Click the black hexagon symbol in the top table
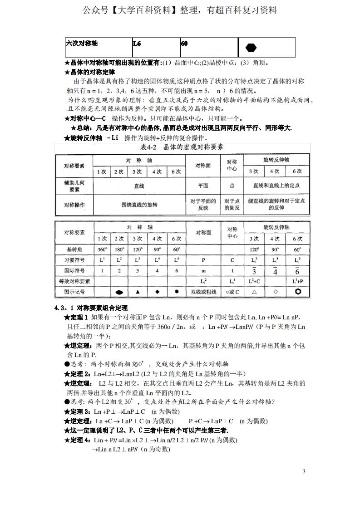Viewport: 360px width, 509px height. [251, 47]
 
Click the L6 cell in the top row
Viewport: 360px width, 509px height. [137, 44]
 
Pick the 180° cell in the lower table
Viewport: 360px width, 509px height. [119, 249]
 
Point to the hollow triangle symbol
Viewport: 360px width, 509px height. [254, 292]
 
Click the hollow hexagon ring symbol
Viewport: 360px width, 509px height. [298, 292]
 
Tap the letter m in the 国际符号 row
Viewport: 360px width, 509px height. [203, 270]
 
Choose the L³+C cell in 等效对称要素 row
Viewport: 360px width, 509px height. [254, 281]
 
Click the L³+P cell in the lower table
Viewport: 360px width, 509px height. [298, 281]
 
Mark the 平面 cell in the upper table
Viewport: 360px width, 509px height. [203, 186]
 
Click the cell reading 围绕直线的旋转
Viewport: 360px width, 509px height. [139, 205]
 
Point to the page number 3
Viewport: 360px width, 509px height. [304, 472]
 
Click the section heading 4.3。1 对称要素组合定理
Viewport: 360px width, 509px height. [91, 308]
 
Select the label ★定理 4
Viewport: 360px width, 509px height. [78, 440]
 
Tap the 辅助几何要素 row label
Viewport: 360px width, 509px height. [74, 186]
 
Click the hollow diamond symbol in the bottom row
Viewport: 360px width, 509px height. [275, 292]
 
